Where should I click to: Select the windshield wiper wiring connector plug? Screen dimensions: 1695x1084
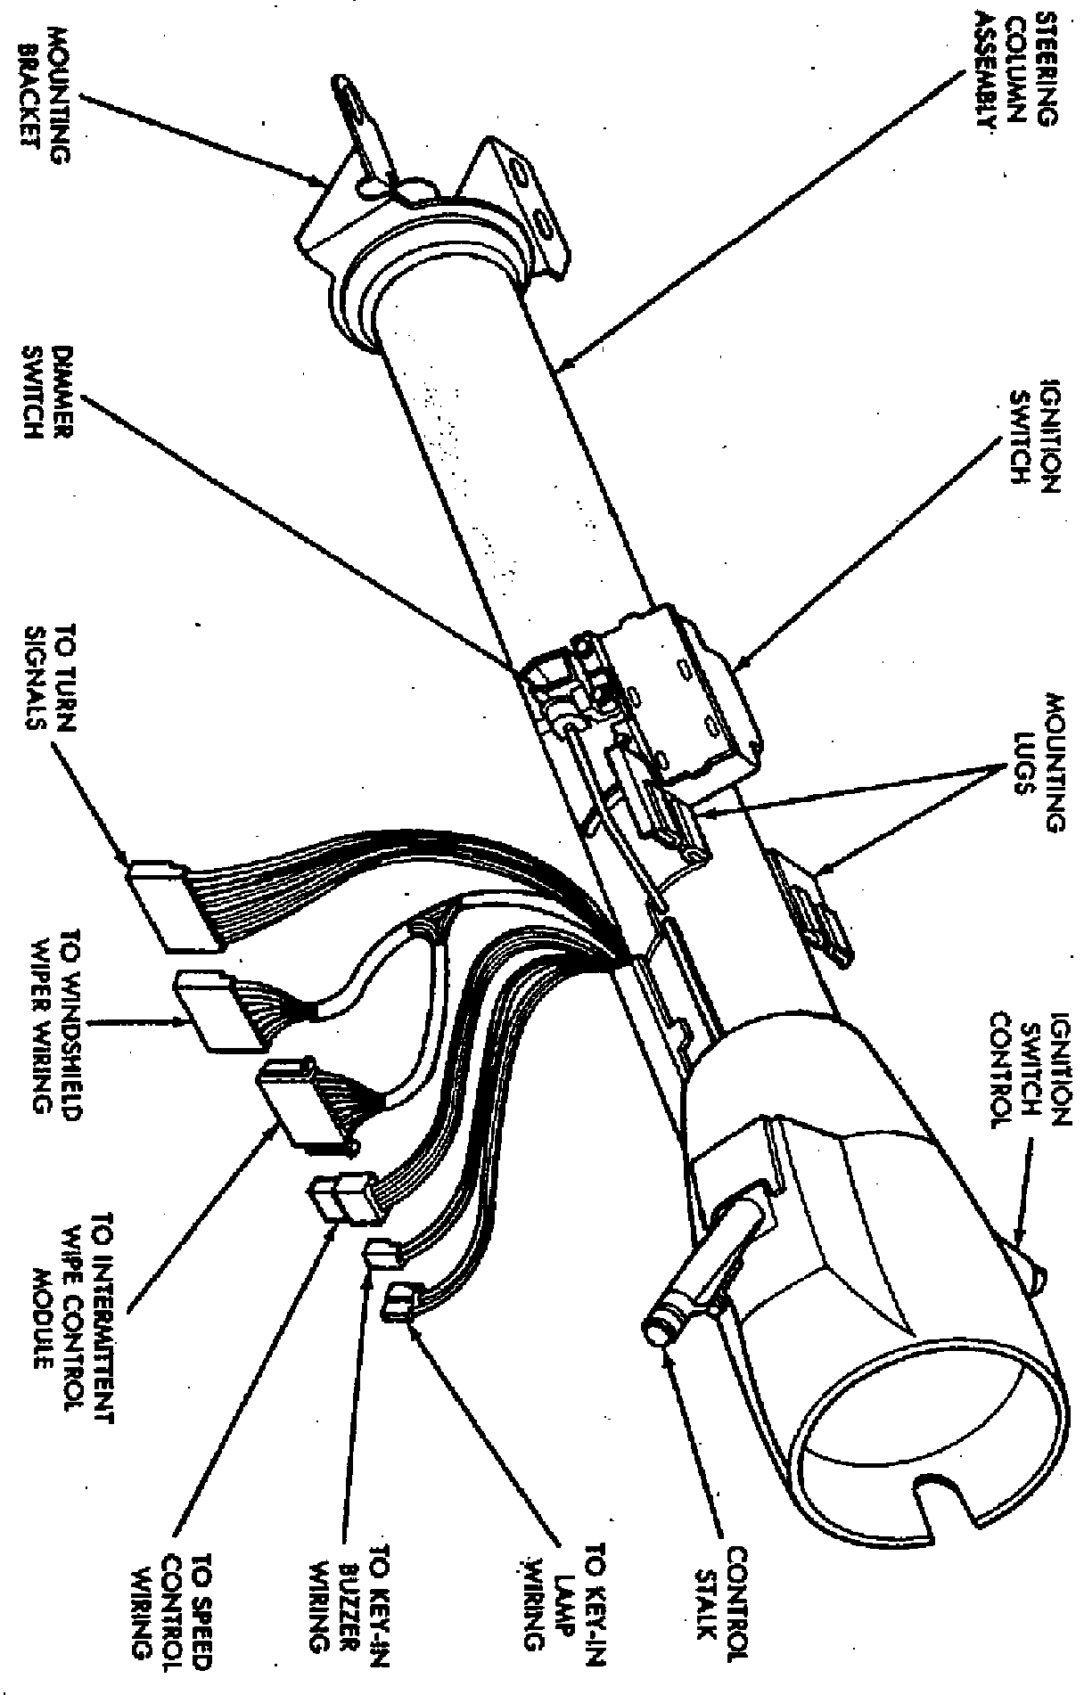[x=205, y=1012]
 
